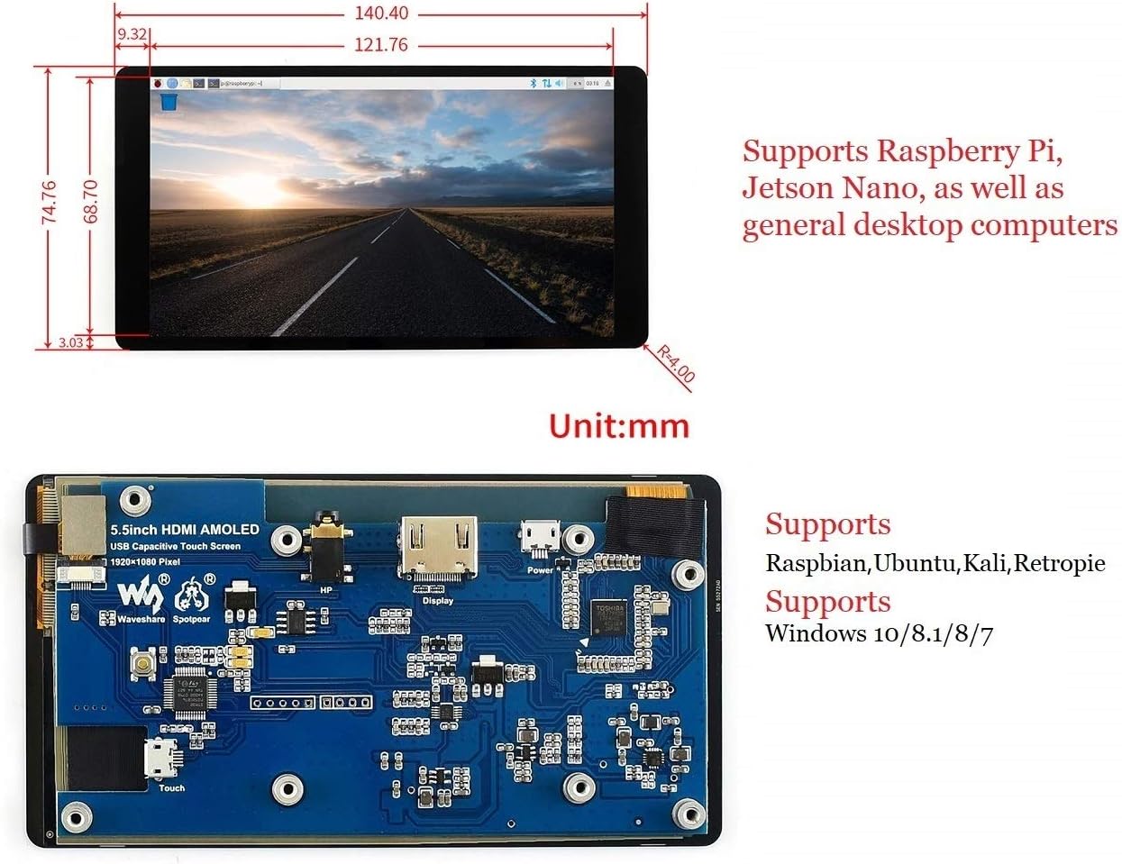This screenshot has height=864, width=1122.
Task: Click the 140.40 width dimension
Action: [x=381, y=14]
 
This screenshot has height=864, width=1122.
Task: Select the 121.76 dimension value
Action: [x=381, y=45]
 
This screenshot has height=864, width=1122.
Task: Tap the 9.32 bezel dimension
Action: [x=132, y=34]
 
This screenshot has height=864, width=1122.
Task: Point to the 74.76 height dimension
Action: [x=49, y=203]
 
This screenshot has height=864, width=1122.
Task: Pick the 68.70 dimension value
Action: [x=89, y=201]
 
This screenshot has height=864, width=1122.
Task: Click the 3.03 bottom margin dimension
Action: [x=70, y=342]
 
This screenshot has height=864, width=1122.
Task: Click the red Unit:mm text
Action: [x=619, y=426]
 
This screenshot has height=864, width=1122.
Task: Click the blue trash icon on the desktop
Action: [x=168, y=103]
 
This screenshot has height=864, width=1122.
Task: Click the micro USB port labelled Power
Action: [x=540, y=541]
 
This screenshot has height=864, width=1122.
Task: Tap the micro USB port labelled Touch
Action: [x=162, y=759]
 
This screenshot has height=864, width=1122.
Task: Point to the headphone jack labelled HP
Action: [x=325, y=551]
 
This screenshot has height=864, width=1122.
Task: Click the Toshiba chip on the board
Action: [x=610, y=618]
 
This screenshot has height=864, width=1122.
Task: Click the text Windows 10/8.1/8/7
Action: [x=879, y=633]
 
